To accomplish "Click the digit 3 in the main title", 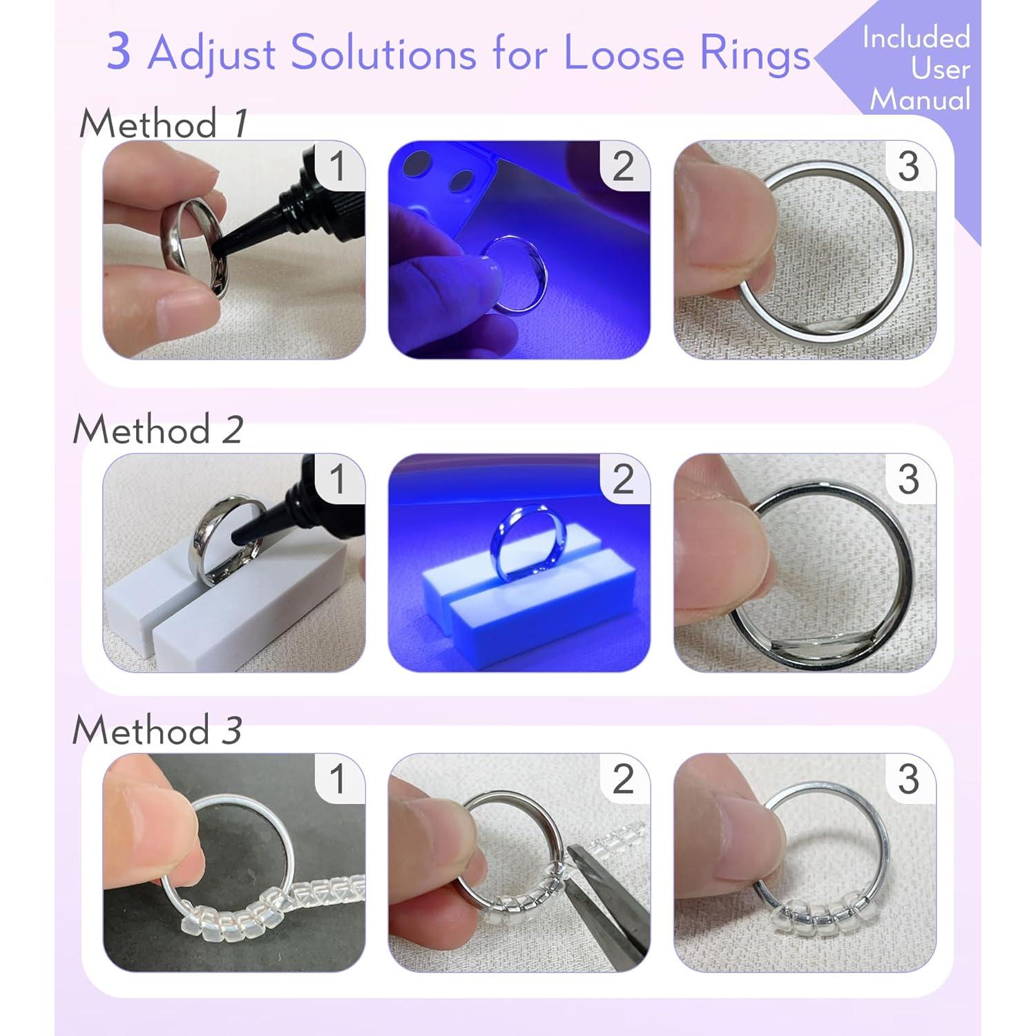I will tap(119, 52).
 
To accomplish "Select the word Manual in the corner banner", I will tap(920, 99).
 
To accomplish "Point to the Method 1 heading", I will tap(163, 124).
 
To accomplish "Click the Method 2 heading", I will tap(158, 430).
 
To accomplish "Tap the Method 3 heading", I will tap(157, 730).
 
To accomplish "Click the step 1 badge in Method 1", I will tap(337, 166).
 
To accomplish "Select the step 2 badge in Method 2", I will tap(623, 479).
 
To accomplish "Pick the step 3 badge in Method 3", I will tap(908, 779).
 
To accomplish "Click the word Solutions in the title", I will tap(383, 53).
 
